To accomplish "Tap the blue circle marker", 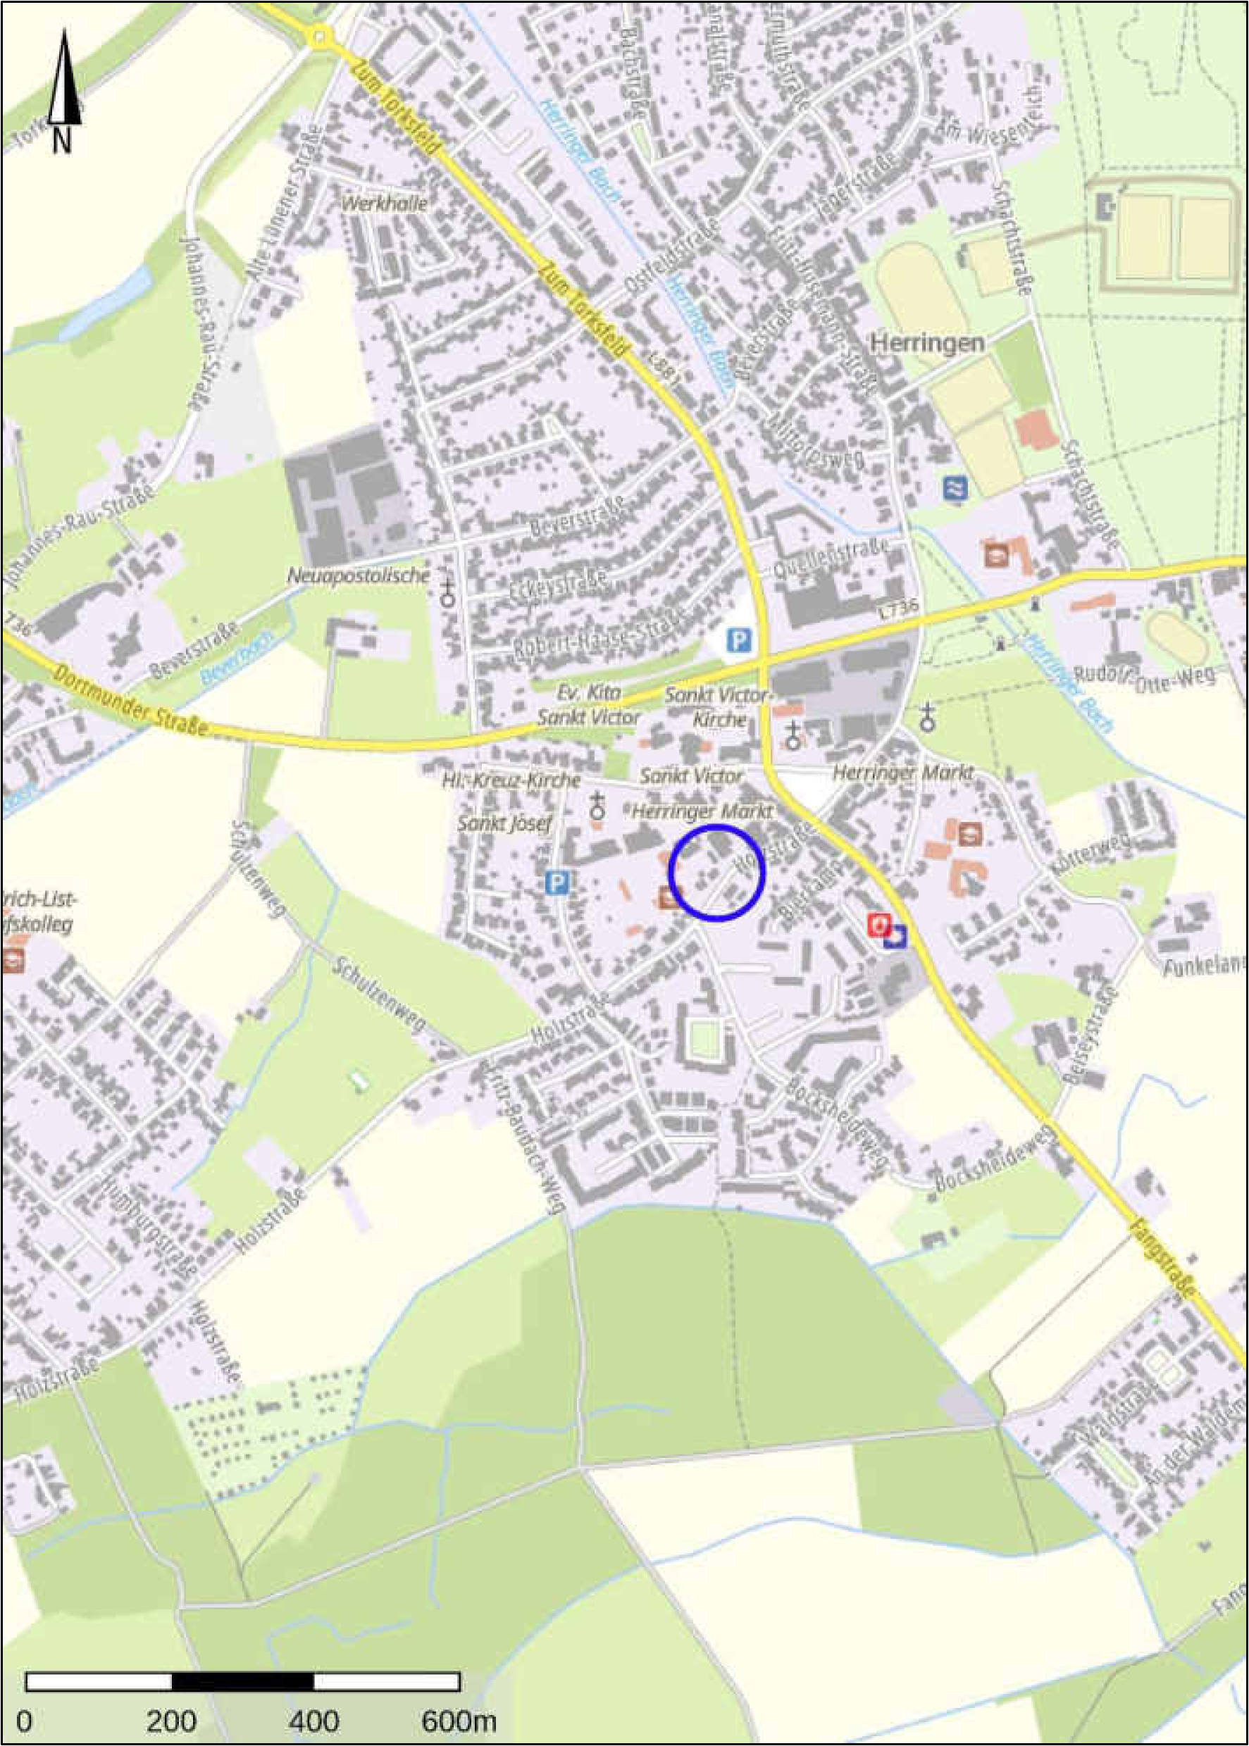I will click(x=716, y=872).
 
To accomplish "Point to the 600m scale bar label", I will click(x=459, y=1699).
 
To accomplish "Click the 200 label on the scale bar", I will click(x=171, y=1699).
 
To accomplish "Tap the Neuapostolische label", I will click(x=358, y=575).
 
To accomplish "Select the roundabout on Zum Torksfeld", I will click(x=321, y=34).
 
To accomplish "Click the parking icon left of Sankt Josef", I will click(x=556, y=883).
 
